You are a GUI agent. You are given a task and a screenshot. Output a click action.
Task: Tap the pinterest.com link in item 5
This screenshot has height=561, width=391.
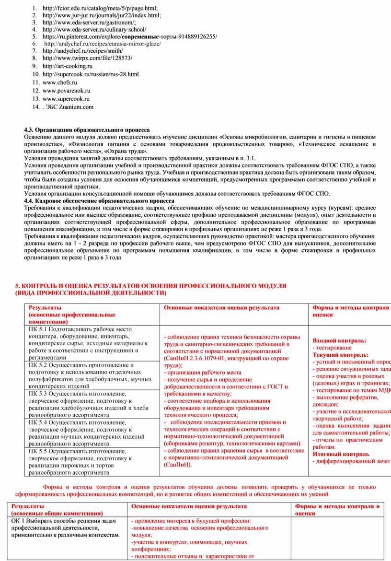tap(129, 36)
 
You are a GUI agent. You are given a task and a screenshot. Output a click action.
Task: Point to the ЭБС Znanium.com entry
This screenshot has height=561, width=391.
tap(69, 107)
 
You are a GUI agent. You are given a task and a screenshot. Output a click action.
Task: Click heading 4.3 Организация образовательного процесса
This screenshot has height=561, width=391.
tap(87, 130)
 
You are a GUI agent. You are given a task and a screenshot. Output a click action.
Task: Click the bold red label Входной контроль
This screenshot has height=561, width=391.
tap(339, 340)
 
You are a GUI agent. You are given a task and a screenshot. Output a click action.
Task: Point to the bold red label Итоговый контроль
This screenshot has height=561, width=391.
tap(341, 454)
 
